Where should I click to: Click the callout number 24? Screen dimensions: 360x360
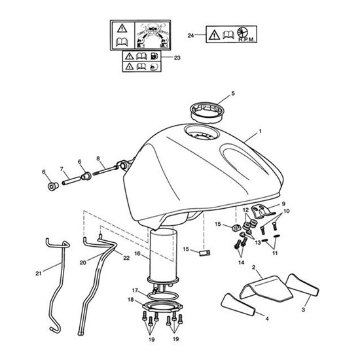[190, 35]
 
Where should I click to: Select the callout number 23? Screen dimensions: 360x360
[177, 58]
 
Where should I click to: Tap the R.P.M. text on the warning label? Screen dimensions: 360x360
[246, 39]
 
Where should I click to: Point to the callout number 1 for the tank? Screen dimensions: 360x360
[260, 131]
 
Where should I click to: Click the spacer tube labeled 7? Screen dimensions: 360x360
[72, 180]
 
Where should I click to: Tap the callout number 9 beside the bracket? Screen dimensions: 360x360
[283, 204]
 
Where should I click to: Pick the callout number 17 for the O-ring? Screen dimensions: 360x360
[135, 291]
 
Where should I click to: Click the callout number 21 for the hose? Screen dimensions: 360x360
[39, 273]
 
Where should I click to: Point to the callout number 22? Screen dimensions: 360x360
[126, 258]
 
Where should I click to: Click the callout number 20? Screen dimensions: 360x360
[83, 262]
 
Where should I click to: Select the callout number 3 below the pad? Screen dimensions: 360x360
[303, 310]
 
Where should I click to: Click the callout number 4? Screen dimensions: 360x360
[267, 319]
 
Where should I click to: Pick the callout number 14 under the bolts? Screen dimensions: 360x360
[241, 262]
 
